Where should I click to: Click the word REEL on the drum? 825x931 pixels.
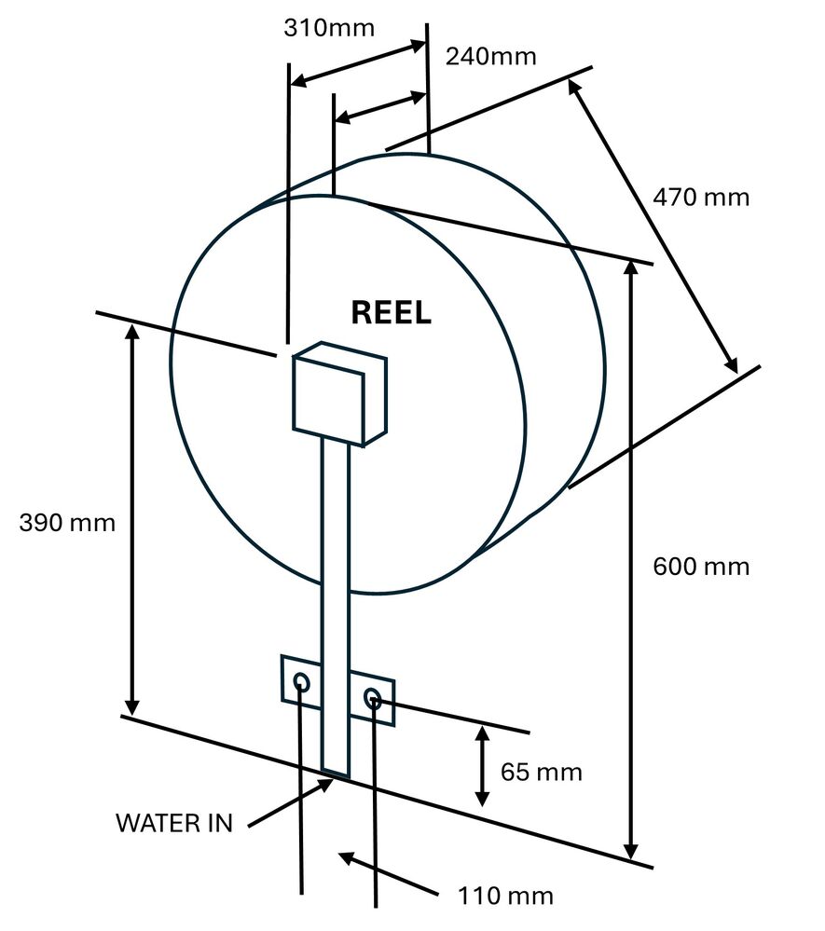tap(391, 313)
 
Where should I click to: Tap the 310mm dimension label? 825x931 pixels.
tap(328, 28)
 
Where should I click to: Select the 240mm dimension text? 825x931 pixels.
tap(490, 57)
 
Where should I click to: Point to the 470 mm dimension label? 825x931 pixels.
tap(701, 198)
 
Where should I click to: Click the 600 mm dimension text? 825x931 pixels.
tap(701, 566)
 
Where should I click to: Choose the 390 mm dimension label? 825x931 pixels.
tap(67, 522)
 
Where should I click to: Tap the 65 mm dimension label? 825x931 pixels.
tap(541, 772)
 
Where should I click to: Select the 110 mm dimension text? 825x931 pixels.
tap(505, 897)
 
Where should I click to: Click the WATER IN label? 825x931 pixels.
tap(173, 823)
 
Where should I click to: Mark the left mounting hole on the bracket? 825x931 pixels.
tap(302, 683)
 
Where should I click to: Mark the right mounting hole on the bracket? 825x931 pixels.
tap(373, 698)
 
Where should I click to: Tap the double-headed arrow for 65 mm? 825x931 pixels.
tap(482, 765)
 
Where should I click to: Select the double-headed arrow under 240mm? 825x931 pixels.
tap(378, 105)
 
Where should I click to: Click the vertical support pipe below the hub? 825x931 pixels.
tap(335, 550)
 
